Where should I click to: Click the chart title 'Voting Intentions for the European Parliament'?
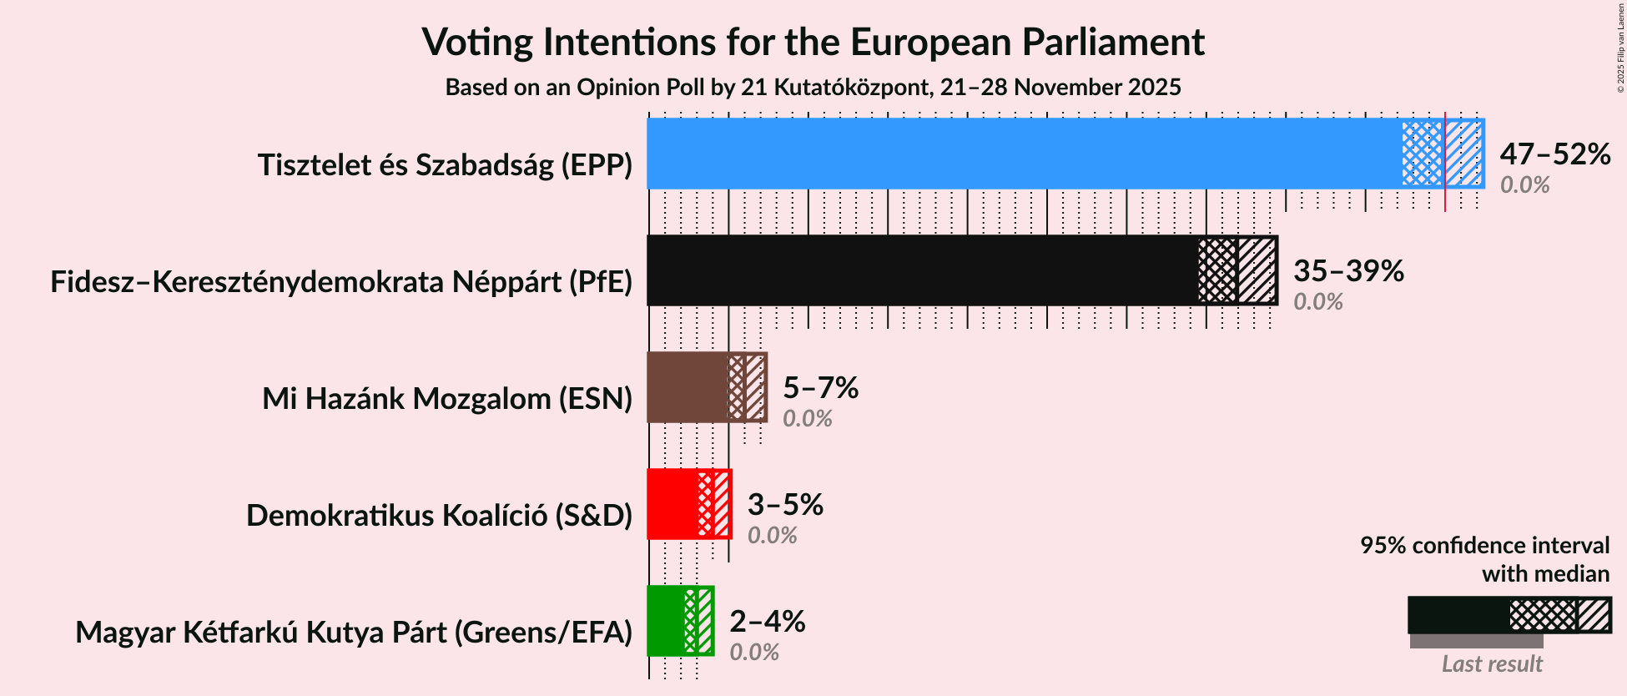813,42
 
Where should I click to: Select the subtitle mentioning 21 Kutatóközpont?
813,88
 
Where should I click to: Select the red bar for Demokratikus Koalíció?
672,504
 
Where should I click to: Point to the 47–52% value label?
1554,154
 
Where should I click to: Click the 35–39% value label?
1348,271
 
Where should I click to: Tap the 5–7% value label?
820,388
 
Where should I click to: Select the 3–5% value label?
785,505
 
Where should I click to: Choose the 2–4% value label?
767,622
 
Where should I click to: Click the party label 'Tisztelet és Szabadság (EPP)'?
445,165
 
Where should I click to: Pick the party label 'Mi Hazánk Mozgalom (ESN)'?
447,399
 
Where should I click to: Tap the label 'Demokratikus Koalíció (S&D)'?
439,516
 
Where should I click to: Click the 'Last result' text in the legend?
1492,664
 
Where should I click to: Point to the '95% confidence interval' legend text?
1484,546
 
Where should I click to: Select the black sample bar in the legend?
1458,615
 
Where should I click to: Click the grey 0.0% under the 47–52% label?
1524,185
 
